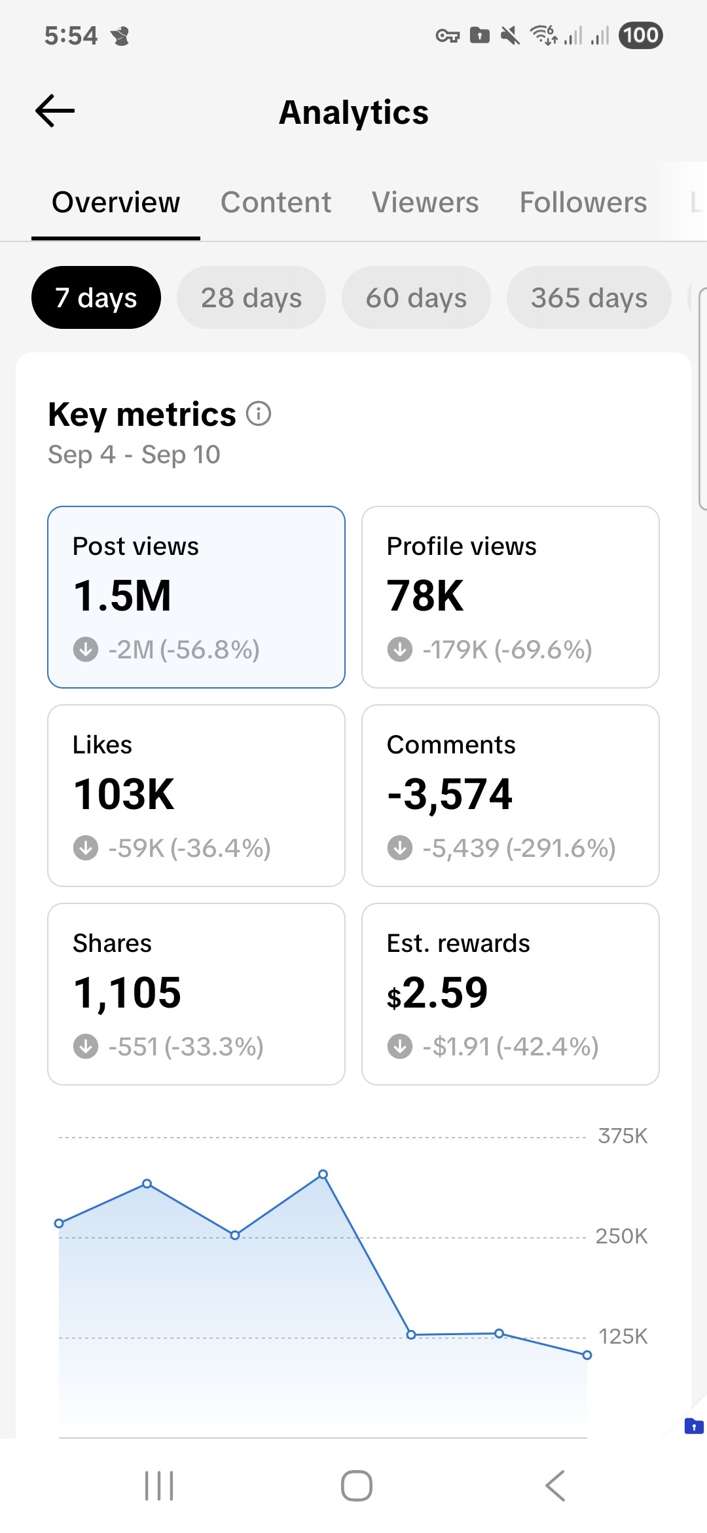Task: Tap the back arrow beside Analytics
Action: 55,111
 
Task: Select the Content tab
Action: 276,202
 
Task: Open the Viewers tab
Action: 425,202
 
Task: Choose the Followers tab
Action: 583,202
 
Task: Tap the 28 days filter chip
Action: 251,298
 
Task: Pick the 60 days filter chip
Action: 416,298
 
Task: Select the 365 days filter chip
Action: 589,298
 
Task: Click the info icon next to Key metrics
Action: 259,414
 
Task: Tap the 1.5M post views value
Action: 122,596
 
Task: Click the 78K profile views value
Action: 426,596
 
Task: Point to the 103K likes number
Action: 124,794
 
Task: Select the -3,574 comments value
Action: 450,794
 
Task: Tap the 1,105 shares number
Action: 127,993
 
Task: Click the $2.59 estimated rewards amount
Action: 437,993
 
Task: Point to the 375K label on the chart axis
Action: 623,1136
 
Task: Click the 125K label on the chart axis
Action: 623,1336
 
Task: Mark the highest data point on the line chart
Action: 323,1175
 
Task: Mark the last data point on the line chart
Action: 587,1355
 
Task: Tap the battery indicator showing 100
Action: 640,35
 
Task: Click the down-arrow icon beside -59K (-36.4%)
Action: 86,848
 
